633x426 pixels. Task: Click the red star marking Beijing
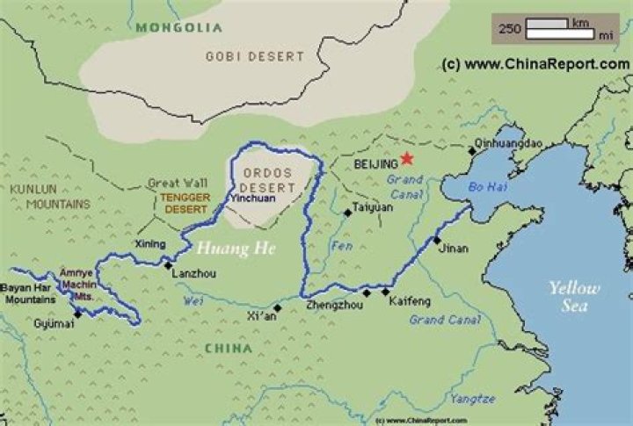coord(405,159)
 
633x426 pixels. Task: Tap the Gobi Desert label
coord(254,56)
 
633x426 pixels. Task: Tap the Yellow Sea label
coord(574,297)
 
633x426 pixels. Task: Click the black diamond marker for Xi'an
coord(278,307)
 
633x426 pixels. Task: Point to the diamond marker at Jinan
coord(436,240)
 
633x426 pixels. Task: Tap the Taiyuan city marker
coord(347,213)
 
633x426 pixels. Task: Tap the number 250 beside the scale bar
coord(511,29)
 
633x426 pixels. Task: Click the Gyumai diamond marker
coord(77,313)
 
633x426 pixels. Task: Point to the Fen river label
coord(342,247)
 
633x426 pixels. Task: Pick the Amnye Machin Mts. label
coord(76,285)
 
